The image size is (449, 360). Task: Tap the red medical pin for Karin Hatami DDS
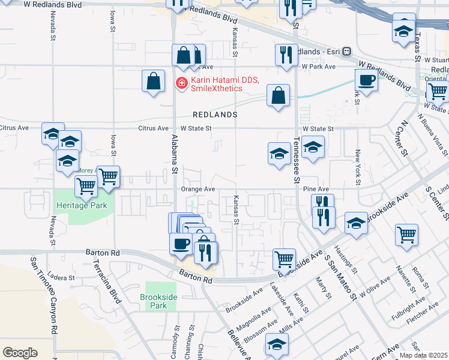tap(179, 82)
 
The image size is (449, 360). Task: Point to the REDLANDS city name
tap(215, 114)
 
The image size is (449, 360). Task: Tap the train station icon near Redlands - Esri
tap(347, 52)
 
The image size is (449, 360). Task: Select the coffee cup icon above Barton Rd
tap(181, 244)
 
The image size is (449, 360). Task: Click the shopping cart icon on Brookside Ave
tap(284, 259)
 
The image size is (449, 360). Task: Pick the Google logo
tap(20, 352)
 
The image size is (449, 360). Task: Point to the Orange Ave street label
tap(197, 189)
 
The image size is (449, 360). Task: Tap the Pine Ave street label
tap(316, 189)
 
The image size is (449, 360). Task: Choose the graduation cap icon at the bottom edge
tap(276, 344)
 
